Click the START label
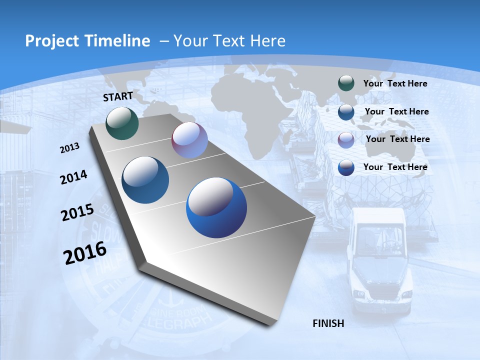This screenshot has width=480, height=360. coord(118,96)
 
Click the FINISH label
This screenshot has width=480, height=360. coord(328,323)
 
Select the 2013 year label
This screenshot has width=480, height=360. coord(70,148)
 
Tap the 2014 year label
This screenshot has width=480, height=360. coord(73,177)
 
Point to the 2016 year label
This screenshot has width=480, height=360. coord(85,252)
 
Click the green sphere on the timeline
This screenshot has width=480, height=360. coord(122,123)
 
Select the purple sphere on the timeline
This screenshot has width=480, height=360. coord(189,140)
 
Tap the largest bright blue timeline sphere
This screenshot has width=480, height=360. coord(216,207)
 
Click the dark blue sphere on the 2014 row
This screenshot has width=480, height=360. coord(145,180)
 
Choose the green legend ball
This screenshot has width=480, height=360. coord(346,83)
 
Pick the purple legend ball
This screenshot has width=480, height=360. coord(346,139)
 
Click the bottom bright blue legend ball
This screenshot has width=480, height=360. coord(346,167)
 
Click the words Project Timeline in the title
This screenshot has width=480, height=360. coord(87,41)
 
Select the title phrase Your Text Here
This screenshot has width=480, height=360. coord(229,41)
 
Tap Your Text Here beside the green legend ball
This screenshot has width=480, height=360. coord(395,83)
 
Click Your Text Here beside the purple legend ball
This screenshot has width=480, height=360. coord(397,139)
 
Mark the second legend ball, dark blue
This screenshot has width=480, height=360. coord(346,112)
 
